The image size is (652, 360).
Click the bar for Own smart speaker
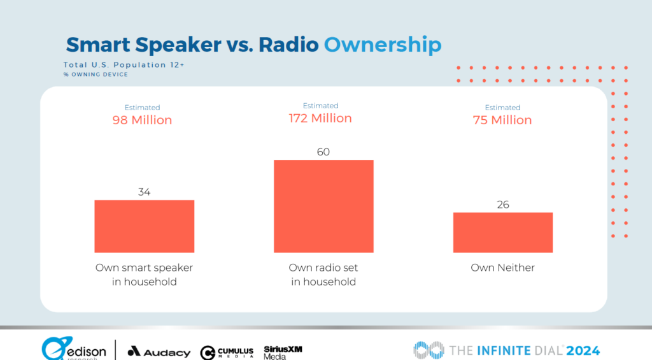144,226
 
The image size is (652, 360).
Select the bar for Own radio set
323,206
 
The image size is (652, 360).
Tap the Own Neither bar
502,232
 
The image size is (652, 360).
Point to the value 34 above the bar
144,192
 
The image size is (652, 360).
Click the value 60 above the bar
323,152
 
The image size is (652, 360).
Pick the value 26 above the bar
502,205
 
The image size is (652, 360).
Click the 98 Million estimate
142,120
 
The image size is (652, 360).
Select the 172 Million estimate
320,119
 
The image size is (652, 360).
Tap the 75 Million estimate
502,120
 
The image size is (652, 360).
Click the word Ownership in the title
382,45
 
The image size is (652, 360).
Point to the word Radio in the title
287,45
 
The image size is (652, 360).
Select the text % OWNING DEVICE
96,75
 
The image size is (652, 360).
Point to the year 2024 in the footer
578,350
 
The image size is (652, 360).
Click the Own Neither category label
502,268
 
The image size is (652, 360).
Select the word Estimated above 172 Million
320,106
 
